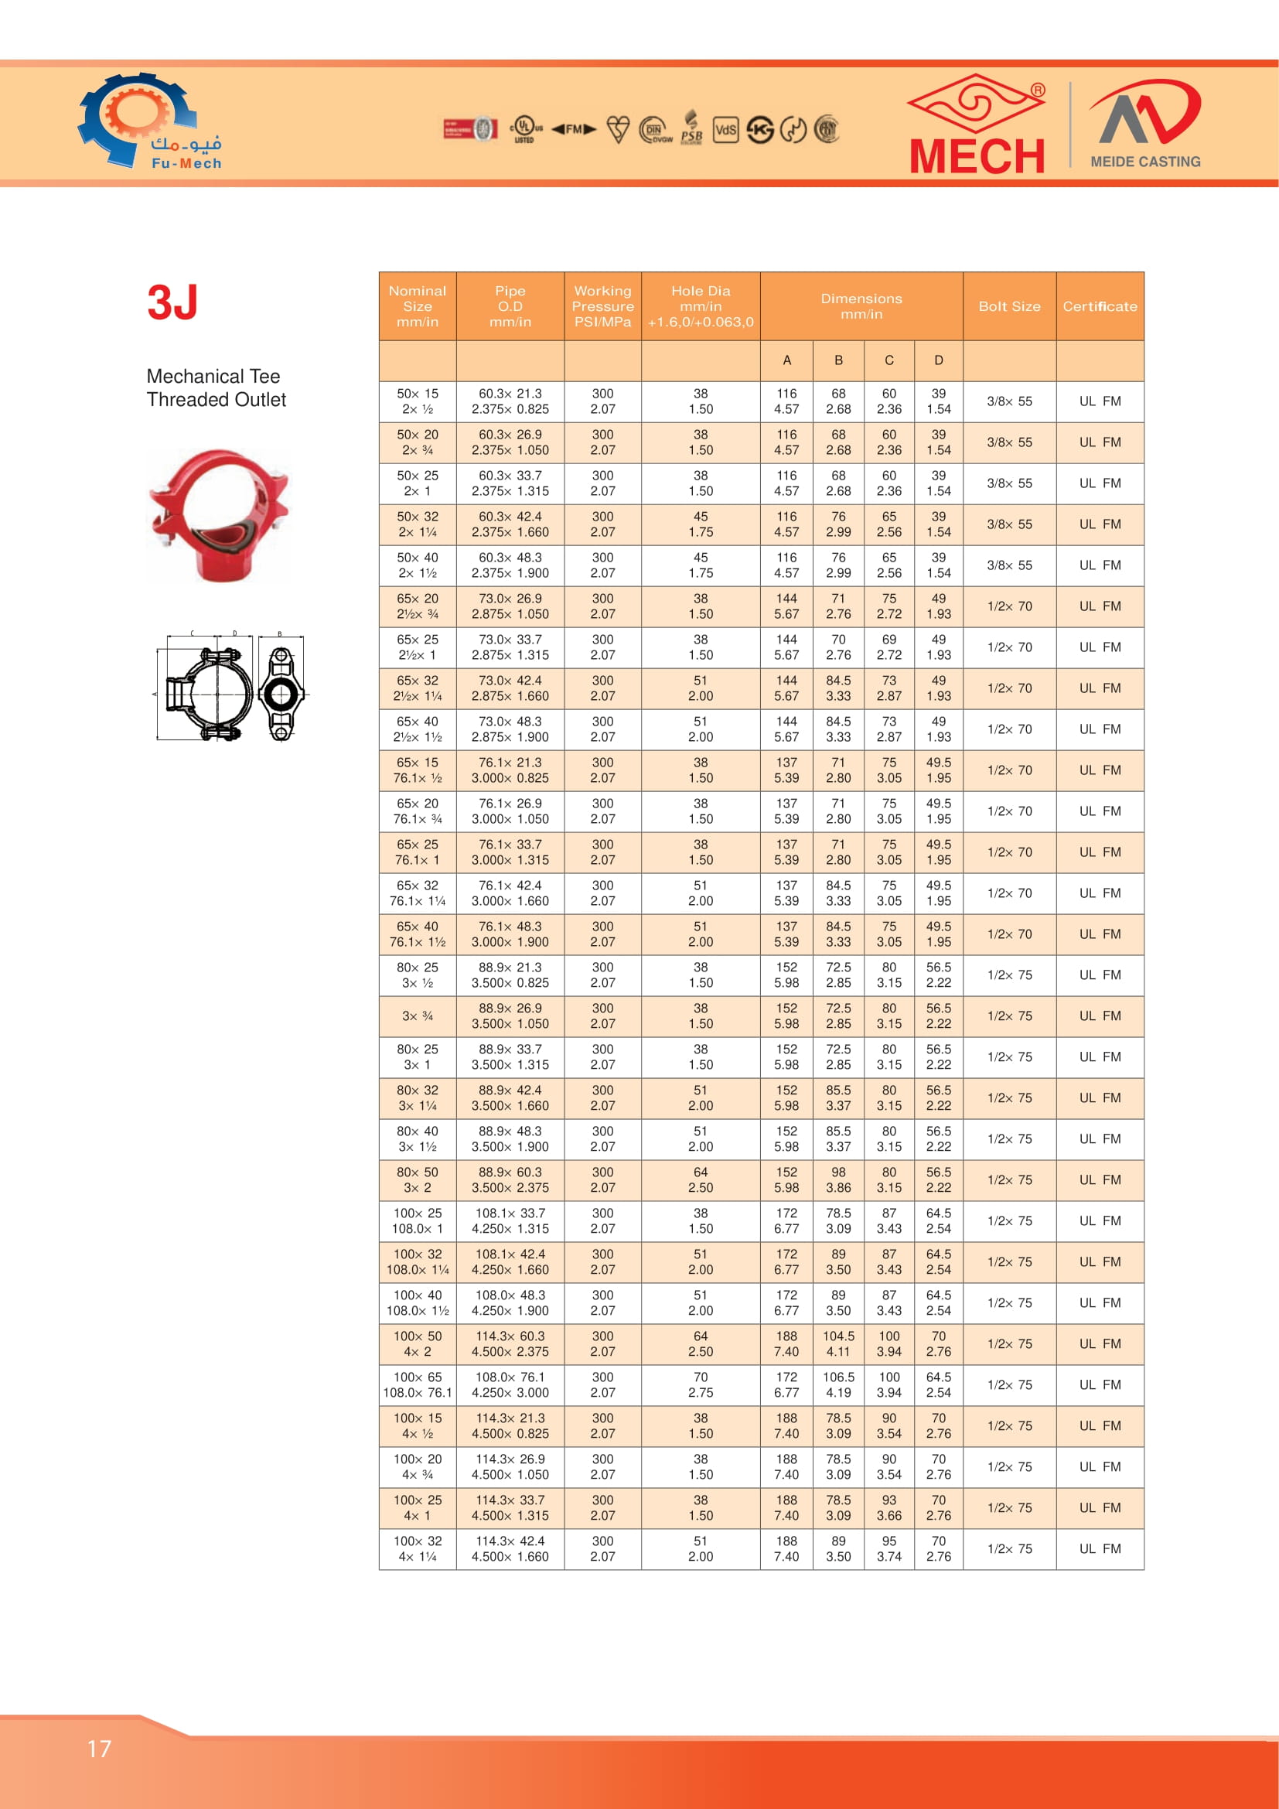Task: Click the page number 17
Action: [99, 1749]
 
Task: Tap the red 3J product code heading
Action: [172, 302]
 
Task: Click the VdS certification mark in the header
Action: [725, 130]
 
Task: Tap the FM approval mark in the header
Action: [573, 129]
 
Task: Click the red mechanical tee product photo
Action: [219, 515]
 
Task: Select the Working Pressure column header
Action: [602, 305]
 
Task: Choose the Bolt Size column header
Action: [1009, 305]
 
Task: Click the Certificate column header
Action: [1100, 305]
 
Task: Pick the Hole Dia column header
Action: [700, 305]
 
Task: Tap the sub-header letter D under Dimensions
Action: [938, 360]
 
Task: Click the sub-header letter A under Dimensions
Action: [786, 360]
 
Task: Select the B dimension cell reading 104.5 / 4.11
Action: [838, 1343]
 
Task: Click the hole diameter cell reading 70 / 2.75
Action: [700, 1384]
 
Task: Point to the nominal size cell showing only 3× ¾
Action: [418, 1015]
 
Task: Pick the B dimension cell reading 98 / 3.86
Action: [838, 1179]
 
